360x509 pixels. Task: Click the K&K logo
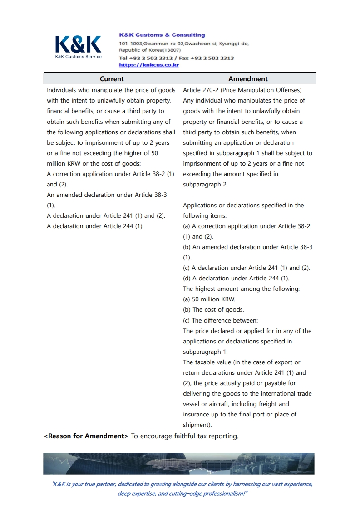click(x=78, y=44)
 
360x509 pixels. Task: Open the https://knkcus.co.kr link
click(x=149, y=65)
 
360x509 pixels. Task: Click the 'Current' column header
click(x=112, y=78)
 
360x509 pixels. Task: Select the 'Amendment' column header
click(x=248, y=78)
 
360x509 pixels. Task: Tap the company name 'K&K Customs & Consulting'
click(x=162, y=35)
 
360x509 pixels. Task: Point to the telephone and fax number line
click(x=176, y=58)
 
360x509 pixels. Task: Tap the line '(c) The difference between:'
click(x=220, y=320)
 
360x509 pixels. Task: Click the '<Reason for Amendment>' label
click(x=86, y=436)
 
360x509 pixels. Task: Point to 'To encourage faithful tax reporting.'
click(x=185, y=436)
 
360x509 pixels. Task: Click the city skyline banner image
click(x=179, y=463)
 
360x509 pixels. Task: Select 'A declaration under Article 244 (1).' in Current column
click(x=95, y=226)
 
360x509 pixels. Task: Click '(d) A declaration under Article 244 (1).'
click(x=236, y=279)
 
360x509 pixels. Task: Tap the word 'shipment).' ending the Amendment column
click(x=197, y=425)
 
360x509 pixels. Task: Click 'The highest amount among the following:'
click(x=241, y=289)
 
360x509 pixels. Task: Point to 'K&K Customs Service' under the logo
click(x=78, y=57)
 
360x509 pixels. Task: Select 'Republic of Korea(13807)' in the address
click(x=150, y=50)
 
